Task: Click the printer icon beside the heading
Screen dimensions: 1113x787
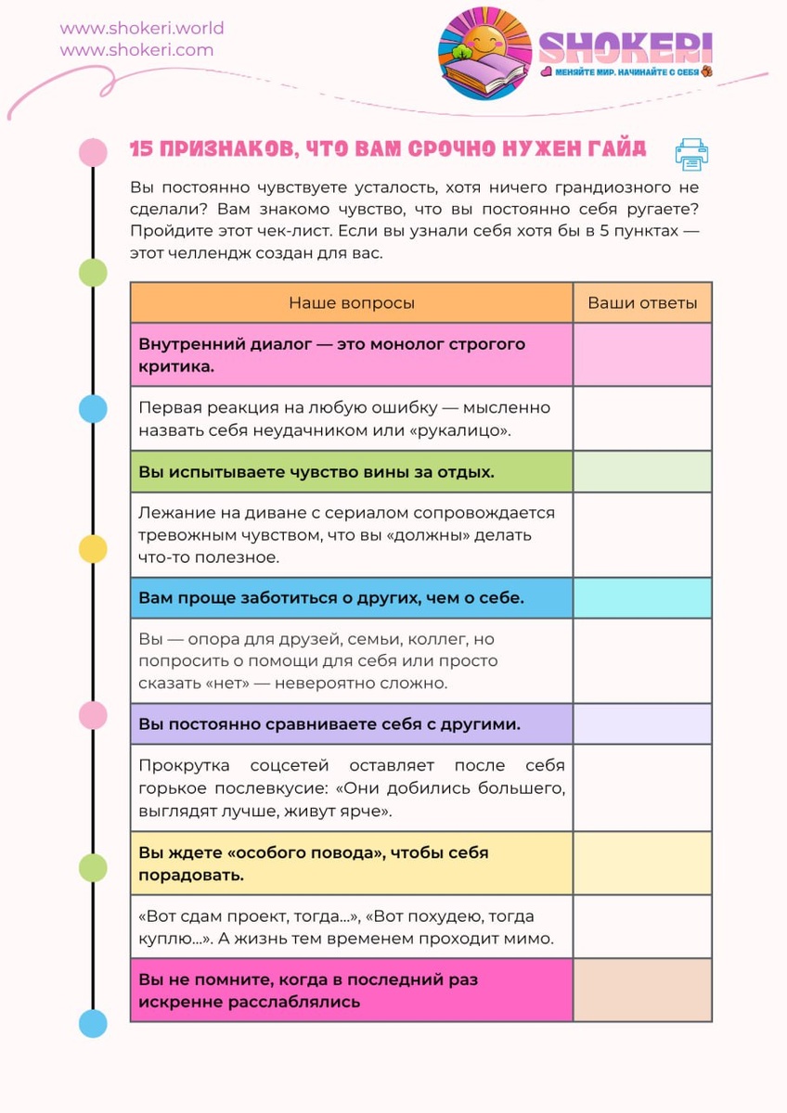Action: click(x=691, y=155)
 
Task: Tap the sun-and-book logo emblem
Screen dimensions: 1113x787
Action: click(x=484, y=53)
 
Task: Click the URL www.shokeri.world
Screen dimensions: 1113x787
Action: click(x=142, y=28)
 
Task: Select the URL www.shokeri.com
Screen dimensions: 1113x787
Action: click(x=136, y=50)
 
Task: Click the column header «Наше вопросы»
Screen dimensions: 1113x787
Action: click(x=352, y=303)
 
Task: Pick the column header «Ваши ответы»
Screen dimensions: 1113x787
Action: click(x=642, y=303)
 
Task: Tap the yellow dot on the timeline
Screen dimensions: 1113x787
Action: click(x=93, y=549)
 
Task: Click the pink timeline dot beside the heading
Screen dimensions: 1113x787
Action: click(x=93, y=151)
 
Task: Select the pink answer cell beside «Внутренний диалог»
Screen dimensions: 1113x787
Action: click(x=642, y=354)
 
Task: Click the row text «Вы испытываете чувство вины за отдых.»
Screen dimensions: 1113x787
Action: click(x=316, y=472)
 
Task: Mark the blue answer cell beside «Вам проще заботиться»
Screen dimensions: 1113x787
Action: click(x=642, y=598)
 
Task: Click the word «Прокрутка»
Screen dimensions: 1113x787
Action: click(x=182, y=766)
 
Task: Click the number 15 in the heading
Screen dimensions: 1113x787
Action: click(x=141, y=149)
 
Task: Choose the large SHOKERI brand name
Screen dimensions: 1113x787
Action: click(x=626, y=46)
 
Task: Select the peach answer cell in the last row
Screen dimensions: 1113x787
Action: click(x=642, y=991)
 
